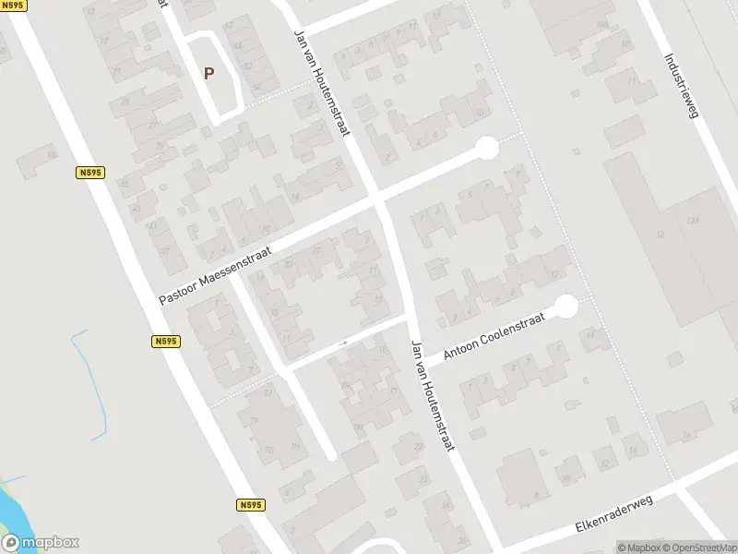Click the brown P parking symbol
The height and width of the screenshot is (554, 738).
coord(208,74)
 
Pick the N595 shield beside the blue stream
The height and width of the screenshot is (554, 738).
coord(166,342)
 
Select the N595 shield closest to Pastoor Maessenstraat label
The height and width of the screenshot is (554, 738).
coord(89,172)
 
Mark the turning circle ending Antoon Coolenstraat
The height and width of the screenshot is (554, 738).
coord(565,306)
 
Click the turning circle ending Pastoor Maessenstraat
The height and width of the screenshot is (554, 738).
coord(486,147)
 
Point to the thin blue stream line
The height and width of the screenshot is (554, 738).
coord(88,369)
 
